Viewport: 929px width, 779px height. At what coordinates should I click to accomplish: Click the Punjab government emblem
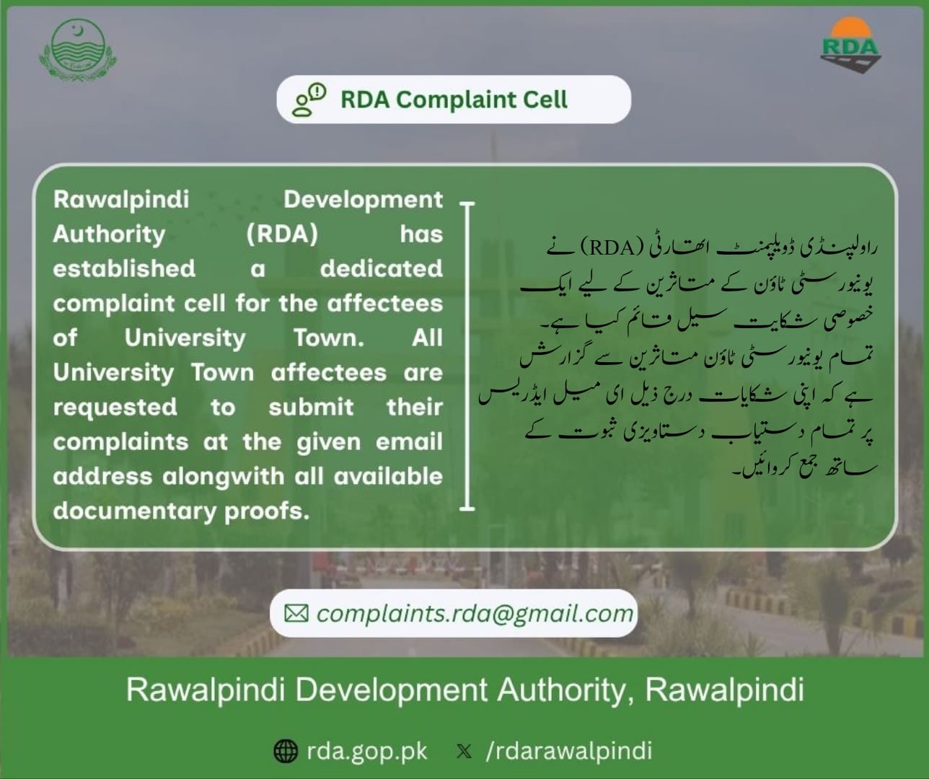pos(77,49)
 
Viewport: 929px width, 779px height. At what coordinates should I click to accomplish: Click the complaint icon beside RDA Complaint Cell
pos(309,100)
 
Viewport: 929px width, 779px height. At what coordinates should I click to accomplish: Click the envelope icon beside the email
pos(296,613)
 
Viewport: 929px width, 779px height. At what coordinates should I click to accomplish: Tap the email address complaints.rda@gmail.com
pos(475,614)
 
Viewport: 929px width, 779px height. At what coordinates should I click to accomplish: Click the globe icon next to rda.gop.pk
pos(285,751)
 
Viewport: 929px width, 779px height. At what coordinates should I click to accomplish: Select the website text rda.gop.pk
pos(367,752)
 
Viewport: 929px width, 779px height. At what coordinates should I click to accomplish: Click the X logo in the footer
pos(464,752)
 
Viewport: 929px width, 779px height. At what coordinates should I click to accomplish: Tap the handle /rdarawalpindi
pos(569,751)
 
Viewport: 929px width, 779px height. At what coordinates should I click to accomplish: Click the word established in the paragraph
pos(124,268)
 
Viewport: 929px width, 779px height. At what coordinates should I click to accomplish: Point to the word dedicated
pos(382,268)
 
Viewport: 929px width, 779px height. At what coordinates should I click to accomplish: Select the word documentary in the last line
pos(134,511)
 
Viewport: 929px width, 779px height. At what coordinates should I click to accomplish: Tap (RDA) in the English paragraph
pos(282,234)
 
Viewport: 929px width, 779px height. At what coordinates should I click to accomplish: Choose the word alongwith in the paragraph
pos(223,477)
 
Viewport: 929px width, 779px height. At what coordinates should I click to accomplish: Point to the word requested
pos(115,408)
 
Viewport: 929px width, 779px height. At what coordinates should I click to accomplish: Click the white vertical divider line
pos(467,356)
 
